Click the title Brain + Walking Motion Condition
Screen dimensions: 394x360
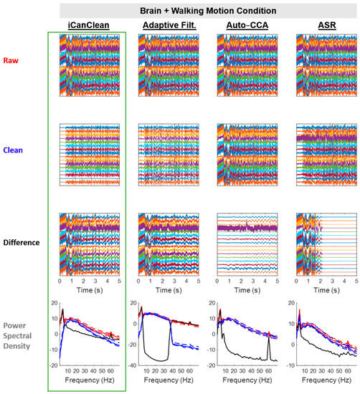click(x=208, y=10)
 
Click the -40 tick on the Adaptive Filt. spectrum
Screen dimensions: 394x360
click(x=131, y=365)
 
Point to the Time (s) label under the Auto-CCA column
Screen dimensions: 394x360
click(x=245, y=292)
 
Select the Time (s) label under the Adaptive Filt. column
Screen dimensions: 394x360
click(x=166, y=292)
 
